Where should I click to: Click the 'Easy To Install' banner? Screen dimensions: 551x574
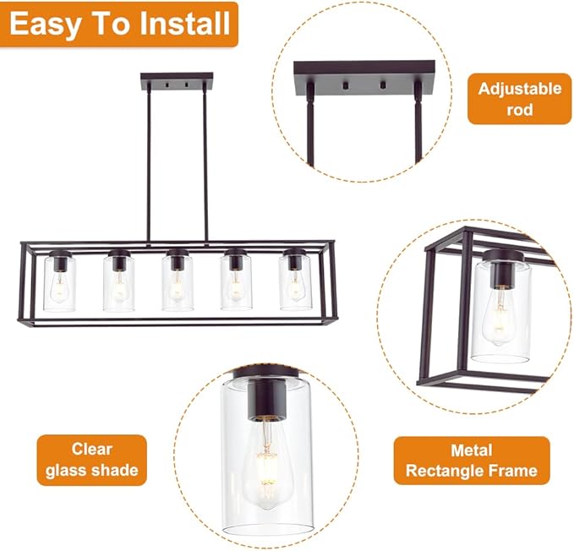click(119, 24)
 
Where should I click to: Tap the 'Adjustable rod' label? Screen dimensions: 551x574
click(519, 99)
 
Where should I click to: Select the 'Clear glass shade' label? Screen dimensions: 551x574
click(91, 460)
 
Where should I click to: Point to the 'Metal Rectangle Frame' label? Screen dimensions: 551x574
click(471, 460)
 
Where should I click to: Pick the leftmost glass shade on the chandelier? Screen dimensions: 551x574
click(59, 282)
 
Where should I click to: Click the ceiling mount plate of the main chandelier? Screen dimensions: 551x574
click(177, 82)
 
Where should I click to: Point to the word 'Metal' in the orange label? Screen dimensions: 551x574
click(471, 450)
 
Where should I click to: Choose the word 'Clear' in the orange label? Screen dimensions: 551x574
click(91, 449)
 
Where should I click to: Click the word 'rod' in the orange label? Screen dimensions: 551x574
click(519, 110)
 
